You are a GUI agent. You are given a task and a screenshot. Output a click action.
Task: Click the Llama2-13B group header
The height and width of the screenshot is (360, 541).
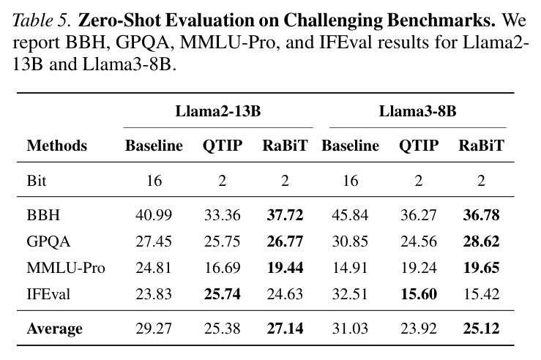point(218,111)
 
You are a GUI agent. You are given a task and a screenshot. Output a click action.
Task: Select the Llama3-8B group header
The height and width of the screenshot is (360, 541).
point(417,111)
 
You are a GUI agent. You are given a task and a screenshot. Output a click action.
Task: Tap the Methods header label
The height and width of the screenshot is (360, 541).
point(57,145)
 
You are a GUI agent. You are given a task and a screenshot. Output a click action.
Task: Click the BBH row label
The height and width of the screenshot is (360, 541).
point(43,215)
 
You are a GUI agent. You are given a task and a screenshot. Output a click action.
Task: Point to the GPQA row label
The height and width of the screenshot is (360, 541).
point(48,241)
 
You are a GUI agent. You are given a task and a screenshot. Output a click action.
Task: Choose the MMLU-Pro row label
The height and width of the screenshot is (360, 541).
point(66,268)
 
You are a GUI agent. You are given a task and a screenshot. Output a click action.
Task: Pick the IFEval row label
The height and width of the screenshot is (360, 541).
point(48,294)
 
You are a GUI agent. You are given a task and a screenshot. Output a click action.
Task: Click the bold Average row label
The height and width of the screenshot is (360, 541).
point(54,329)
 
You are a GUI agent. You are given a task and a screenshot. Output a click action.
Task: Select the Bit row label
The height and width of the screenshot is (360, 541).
point(36,181)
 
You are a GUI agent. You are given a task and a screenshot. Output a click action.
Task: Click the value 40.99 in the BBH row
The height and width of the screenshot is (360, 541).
point(154,215)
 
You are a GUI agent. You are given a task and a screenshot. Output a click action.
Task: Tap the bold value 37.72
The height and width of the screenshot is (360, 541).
point(285,215)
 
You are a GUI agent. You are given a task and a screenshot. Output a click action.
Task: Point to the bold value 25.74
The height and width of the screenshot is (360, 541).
point(223,294)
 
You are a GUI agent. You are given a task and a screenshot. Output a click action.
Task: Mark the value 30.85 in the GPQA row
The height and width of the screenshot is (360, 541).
point(350,241)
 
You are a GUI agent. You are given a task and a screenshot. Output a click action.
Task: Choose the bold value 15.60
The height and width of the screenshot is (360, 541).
point(419,294)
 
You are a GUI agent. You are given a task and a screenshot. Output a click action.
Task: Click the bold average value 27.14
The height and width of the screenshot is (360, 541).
point(285,329)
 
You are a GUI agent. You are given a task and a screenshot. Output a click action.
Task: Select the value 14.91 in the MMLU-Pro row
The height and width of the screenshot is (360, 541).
point(350,268)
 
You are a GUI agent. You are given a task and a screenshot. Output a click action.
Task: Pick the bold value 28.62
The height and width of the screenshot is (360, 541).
point(481,241)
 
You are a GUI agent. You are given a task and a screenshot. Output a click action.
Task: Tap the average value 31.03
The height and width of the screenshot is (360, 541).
point(350,329)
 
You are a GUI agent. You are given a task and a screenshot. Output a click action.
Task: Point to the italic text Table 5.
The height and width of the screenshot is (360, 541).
point(42,20)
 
